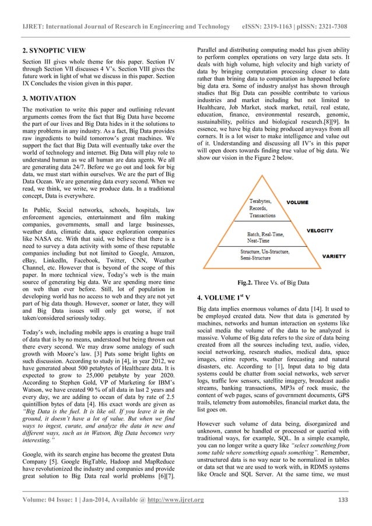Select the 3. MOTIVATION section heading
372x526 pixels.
pos(48,98)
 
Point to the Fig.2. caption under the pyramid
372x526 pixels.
pos(273,283)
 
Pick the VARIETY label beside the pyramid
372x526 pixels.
pos(335,256)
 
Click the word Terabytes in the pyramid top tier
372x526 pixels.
pos(257,201)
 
